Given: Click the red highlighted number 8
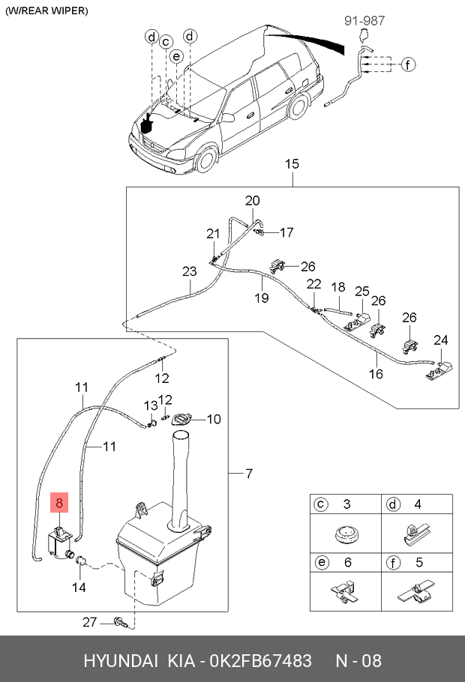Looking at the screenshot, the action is (x=60, y=503).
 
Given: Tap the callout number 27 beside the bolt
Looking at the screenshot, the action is (x=90, y=622).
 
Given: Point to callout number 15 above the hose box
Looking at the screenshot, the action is (x=292, y=164).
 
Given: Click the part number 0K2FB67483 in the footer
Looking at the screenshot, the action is (x=261, y=661).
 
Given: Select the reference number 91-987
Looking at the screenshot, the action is (x=364, y=20).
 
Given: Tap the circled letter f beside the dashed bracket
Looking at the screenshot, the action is (x=407, y=64).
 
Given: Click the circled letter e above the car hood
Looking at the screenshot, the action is (x=176, y=56).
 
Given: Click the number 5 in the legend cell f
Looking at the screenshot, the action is (x=418, y=562).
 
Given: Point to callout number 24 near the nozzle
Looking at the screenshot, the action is (x=440, y=340).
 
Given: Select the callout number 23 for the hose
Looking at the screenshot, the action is (x=190, y=271).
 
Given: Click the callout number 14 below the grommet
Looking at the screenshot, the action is (x=79, y=588).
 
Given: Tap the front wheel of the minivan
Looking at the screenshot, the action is (x=206, y=159).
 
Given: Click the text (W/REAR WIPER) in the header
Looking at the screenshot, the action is (x=46, y=11).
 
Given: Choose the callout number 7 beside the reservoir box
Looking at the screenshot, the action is (x=248, y=473).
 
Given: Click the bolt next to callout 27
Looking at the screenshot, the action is (x=120, y=623).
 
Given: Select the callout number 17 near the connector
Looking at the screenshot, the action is (x=286, y=232).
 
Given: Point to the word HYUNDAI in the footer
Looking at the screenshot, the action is (x=121, y=661).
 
